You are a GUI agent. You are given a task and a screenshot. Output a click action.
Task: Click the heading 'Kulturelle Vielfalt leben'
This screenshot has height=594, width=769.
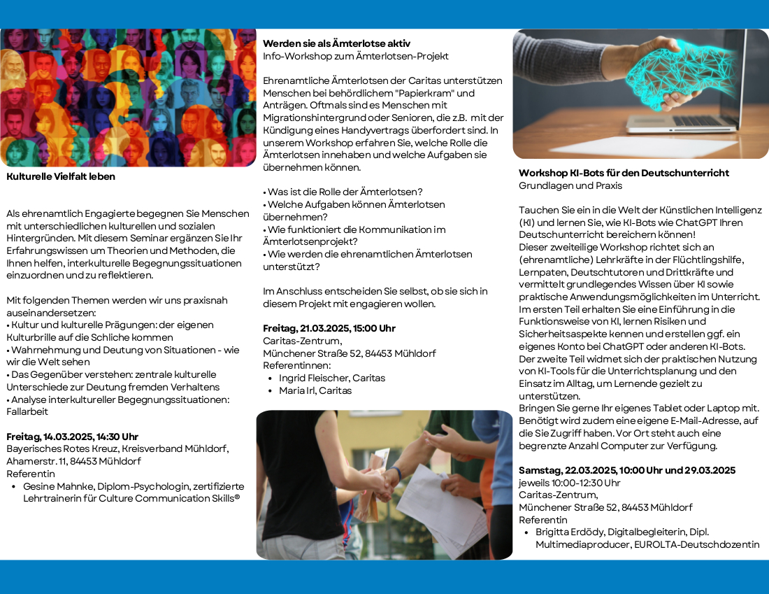[61, 177]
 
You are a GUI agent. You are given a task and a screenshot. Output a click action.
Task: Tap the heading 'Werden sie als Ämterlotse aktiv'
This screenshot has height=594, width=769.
[336, 43]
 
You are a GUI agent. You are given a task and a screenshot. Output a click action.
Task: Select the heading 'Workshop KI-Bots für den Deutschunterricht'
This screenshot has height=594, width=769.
[624, 173]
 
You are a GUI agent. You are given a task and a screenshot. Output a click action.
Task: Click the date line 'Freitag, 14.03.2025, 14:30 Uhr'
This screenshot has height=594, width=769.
[72, 437]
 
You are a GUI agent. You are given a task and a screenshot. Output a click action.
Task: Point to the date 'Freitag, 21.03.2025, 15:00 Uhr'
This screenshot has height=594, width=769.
[329, 328]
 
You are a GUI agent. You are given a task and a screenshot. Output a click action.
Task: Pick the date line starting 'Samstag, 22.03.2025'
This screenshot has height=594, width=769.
[626, 470]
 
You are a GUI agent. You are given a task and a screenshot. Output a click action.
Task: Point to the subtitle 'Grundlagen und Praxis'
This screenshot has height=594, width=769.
[570, 185]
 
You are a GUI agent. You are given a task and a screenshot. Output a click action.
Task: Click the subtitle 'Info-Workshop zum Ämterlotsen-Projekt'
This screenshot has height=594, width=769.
[355, 56]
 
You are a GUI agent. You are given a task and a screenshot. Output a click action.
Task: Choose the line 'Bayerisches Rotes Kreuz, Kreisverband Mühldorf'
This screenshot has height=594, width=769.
[117, 449]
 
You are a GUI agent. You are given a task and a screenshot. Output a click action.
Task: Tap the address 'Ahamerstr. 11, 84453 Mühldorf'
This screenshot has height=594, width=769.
[73, 462]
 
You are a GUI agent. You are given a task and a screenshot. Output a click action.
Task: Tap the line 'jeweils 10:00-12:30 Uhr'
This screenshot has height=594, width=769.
[569, 483]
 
